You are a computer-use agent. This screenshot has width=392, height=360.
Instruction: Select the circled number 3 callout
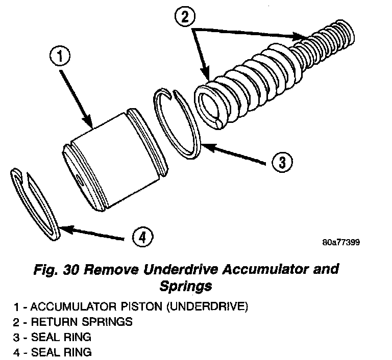point(281,163)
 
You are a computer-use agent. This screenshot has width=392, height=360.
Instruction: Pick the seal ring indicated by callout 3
point(179,122)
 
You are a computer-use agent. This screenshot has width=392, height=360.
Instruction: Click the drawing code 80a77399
point(341,242)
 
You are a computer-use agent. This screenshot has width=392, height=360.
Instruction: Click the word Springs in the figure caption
point(187,286)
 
